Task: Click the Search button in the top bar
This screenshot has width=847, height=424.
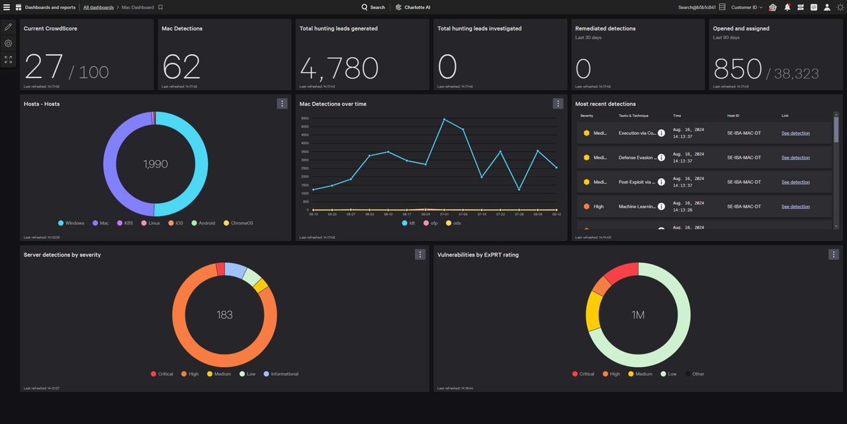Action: tap(373, 7)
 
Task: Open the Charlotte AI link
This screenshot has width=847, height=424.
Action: tap(414, 7)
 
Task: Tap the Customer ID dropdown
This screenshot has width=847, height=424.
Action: tap(746, 7)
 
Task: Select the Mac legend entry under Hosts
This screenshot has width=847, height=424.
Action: tap(101, 223)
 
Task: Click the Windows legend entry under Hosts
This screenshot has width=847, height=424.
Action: tap(71, 223)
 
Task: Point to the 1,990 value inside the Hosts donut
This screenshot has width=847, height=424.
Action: tap(156, 164)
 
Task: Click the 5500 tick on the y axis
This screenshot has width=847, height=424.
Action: tap(305, 118)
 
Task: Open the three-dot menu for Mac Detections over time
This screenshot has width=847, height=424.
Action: tap(558, 103)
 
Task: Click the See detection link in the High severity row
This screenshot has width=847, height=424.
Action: tap(795, 206)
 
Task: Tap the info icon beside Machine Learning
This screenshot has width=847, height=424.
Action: tap(661, 206)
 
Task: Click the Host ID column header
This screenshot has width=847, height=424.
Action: tap(733, 116)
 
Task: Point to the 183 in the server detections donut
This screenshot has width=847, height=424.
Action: tap(224, 315)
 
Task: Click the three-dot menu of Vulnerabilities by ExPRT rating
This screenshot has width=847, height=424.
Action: tap(834, 254)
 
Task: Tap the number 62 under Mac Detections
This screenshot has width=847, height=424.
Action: tap(181, 67)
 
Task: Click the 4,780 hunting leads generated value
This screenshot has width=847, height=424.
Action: tap(339, 67)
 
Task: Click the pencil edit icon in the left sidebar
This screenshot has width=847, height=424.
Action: tap(8, 27)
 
